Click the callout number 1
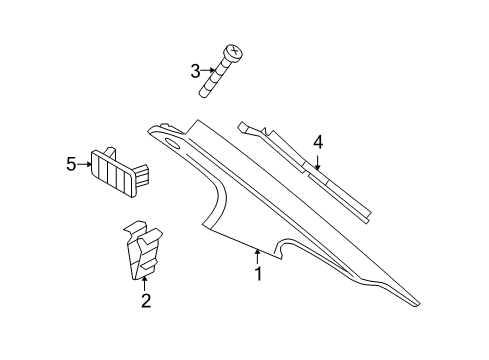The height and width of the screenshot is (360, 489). [x=258, y=274]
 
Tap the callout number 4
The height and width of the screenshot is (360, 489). [x=318, y=143]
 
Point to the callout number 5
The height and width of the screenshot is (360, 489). [x=71, y=164]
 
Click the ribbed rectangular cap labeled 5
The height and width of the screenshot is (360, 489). [x=114, y=164]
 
